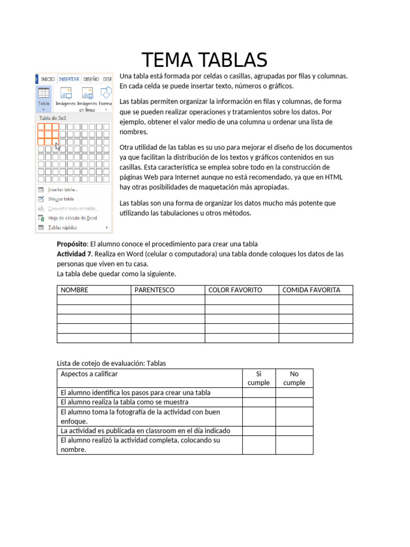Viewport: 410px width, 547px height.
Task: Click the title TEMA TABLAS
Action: coord(204,60)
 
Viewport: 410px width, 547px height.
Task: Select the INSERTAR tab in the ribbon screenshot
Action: coord(69,79)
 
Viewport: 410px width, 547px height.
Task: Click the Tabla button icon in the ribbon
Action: coord(44,96)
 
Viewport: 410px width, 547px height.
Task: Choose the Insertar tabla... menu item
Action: coord(62,189)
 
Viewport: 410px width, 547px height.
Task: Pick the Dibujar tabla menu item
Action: coord(61,199)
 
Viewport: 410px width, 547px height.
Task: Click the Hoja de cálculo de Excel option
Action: coord(72,218)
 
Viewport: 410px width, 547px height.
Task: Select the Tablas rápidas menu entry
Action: coord(63,228)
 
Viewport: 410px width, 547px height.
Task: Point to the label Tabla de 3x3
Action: coord(52,117)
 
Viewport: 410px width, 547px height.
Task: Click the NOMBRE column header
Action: coord(75,290)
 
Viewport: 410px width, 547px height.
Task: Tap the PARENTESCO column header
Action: coord(154,290)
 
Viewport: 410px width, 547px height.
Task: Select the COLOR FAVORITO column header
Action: coord(235,290)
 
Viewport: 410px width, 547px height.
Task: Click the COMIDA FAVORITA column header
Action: coord(311,290)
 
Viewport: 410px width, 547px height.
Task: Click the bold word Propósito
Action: coord(72,244)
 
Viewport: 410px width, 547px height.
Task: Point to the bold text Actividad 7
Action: coord(74,254)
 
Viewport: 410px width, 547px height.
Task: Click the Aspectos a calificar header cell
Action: coord(89,374)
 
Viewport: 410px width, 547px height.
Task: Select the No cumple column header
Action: coord(294,378)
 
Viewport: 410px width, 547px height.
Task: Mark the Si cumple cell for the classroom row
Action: coord(259,431)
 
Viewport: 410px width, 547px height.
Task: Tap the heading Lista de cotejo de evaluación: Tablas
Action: coord(112,363)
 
